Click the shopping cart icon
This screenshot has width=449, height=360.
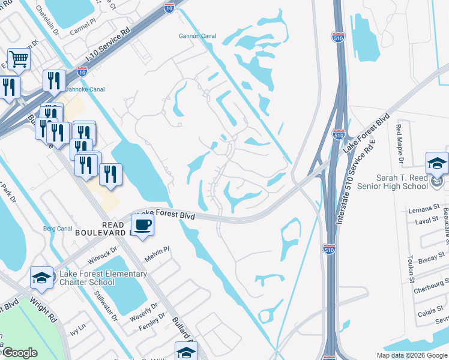[19, 59]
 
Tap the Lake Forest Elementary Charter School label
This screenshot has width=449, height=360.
[103, 278]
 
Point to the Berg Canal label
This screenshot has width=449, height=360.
[58, 228]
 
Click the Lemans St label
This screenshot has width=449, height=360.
[420, 210]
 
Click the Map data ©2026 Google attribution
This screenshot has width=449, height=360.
[412, 355]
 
